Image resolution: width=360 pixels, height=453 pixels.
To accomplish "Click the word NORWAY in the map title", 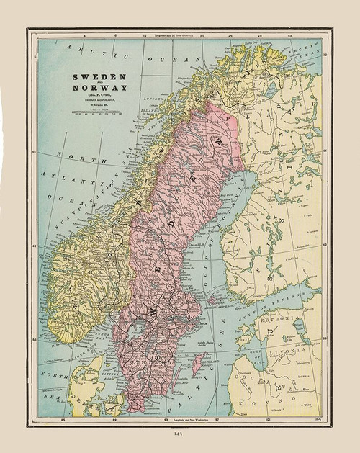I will coord(99,89).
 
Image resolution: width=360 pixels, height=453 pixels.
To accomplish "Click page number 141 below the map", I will coord(179,434).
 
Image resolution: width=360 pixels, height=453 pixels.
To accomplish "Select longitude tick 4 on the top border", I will coord(84,34).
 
